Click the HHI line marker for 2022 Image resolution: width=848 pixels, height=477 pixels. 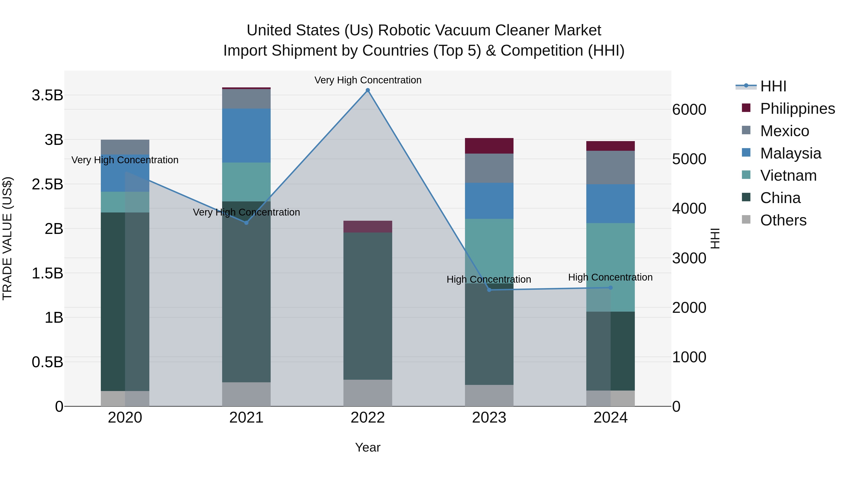(368, 90)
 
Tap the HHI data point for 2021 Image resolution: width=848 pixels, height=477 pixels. (246, 223)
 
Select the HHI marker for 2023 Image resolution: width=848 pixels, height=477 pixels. (489, 290)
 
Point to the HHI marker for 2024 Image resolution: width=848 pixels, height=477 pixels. (610, 288)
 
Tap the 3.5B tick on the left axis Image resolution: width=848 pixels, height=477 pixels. (47, 95)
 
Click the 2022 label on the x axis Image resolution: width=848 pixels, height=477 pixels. (368, 418)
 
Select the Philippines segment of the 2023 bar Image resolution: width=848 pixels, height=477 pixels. (489, 146)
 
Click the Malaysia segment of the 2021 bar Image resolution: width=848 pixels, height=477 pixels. (246, 136)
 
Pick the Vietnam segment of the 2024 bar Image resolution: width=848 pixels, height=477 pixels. (610, 267)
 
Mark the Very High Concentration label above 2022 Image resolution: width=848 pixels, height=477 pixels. (368, 80)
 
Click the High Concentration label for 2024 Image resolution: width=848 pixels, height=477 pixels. (610, 277)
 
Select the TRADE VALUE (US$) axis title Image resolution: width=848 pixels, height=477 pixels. (7, 238)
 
